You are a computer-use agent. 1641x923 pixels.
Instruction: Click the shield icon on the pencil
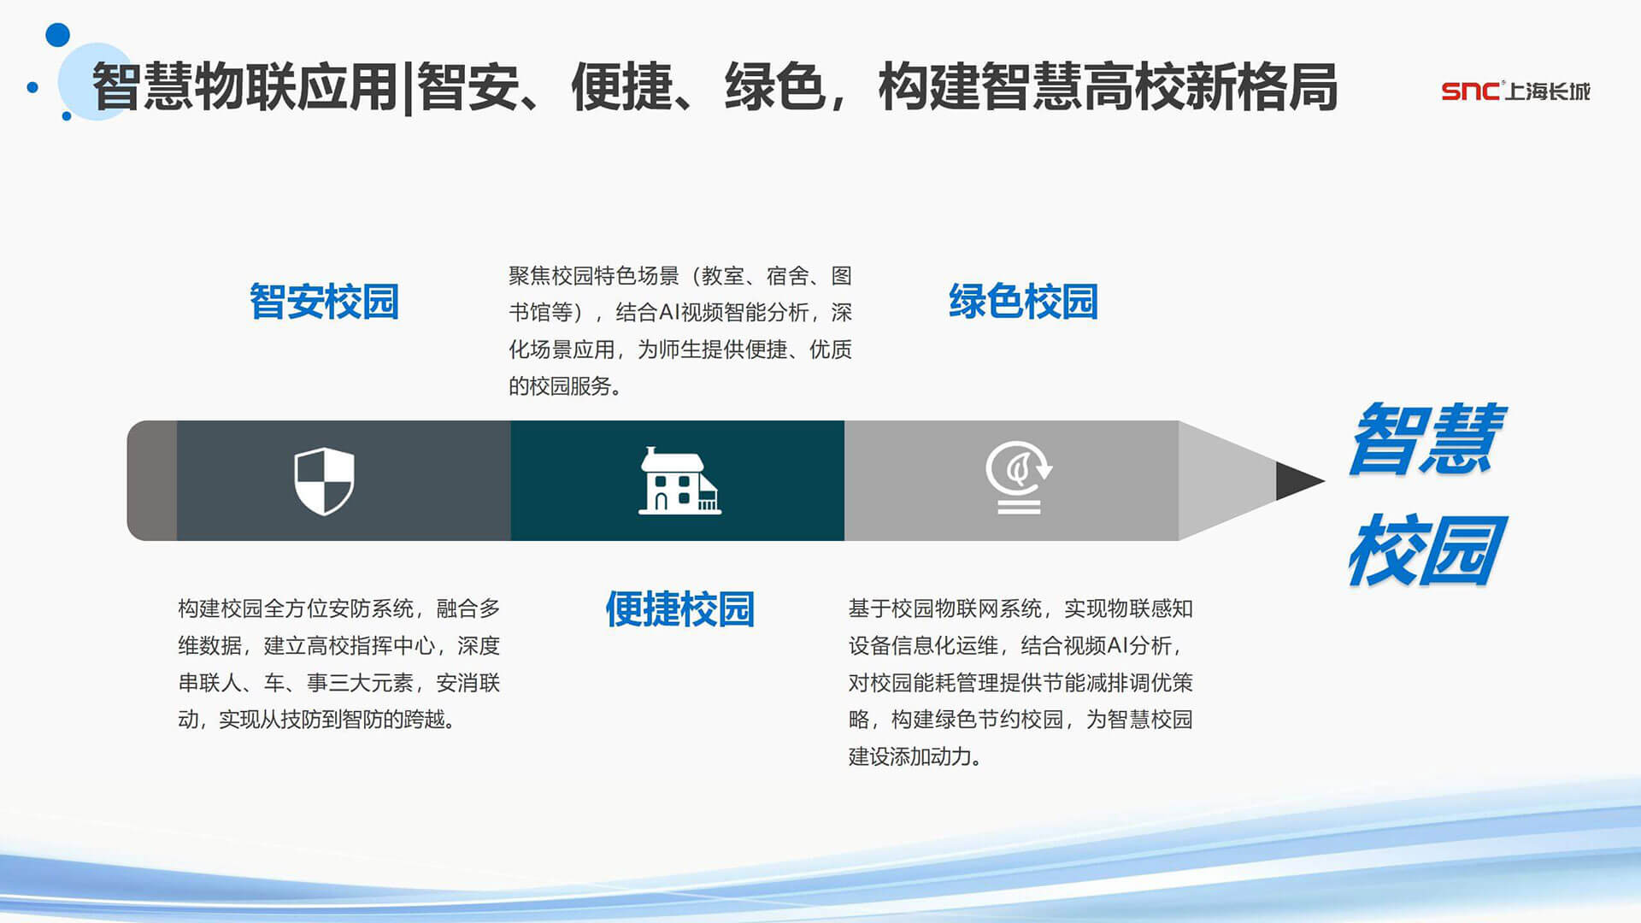coord(324,481)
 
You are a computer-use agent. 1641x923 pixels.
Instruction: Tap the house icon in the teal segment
coord(679,480)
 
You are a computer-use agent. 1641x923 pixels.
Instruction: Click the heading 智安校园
coord(324,302)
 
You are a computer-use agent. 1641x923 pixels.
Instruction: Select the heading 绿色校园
coord(1023,302)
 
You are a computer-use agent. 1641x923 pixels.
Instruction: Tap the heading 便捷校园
coord(679,609)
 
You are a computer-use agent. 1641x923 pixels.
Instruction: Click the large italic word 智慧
coord(1426,438)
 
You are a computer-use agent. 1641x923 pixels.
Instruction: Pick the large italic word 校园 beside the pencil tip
coord(1426,550)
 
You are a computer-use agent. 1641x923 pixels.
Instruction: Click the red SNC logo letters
coord(1470,91)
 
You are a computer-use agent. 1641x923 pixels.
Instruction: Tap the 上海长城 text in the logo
coord(1548,91)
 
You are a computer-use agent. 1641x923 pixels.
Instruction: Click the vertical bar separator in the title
coord(409,88)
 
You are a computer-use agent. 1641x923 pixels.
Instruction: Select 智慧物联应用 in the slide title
coord(245,87)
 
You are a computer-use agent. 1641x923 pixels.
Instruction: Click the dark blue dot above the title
coord(57,35)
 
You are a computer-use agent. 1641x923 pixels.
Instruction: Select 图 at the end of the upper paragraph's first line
coord(842,276)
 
